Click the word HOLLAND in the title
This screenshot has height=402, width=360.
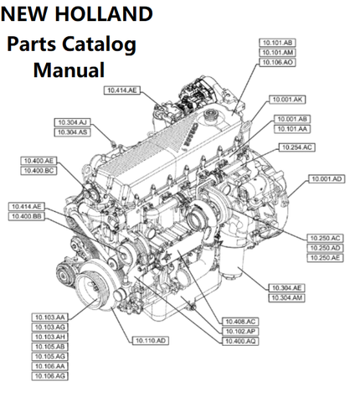[104, 14]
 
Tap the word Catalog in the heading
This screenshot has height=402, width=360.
[99, 44]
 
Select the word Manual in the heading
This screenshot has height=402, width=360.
[69, 70]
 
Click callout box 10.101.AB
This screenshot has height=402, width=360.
[277, 43]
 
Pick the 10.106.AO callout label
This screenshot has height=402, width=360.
[277, 62]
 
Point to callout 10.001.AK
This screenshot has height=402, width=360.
[287, 100]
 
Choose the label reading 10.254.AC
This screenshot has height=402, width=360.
[297, 147]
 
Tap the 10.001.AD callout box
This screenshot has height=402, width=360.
[327, 179]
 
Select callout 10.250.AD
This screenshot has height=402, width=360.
[325, 248]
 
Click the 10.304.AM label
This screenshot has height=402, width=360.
[287, 298]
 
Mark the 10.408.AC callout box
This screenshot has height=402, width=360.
[240, 322]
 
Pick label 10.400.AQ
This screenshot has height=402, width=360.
[240, 341]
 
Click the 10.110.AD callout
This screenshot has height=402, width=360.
[151, 341]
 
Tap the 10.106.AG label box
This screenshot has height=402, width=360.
[49, 376]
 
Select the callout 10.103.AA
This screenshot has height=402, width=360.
[49, 317]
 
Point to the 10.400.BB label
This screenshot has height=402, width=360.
[27, 216]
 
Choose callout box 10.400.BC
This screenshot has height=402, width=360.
[39, 171]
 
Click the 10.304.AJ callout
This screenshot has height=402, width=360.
[72, 122]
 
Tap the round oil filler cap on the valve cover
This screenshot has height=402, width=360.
[211, 114]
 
